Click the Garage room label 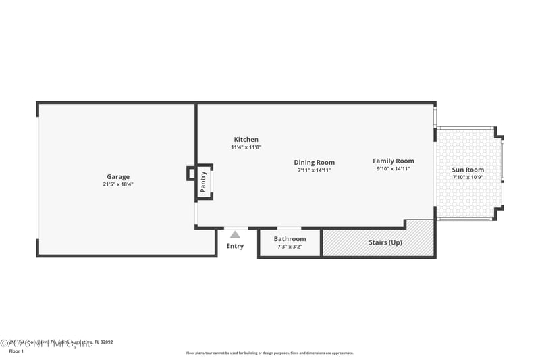[118, 177]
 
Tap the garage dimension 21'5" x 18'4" [118, 184]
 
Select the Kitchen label [246, 140]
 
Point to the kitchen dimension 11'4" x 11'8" [246, 147]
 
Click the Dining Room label [314, 162]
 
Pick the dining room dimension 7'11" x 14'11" [314, 170]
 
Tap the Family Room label [394, 161]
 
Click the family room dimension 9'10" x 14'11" [394, 169]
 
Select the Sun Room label [468, 170]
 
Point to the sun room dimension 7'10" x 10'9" [468, 178]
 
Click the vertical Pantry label [204, 181]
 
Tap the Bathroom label [290, 239]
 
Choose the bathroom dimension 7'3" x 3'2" [290, 247]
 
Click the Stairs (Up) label [385, 242]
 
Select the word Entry [235, 246]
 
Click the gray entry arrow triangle [235, 234]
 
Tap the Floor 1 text [16, 352]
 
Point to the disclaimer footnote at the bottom [269, 353]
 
